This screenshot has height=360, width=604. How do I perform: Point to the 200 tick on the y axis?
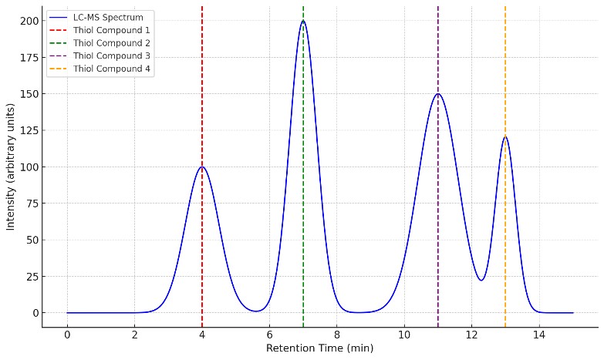[29, 21]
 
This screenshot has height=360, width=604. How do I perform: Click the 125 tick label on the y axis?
[29, 130]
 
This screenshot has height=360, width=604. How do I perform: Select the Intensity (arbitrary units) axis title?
[11, 167]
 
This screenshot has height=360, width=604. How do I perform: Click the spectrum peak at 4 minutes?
[202, 167]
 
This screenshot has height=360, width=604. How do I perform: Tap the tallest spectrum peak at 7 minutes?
[303, 21]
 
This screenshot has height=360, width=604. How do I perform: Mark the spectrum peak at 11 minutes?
[438, 94]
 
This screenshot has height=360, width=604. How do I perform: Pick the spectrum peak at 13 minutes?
[505, 137]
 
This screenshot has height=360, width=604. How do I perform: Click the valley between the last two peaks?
[481, 280]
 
